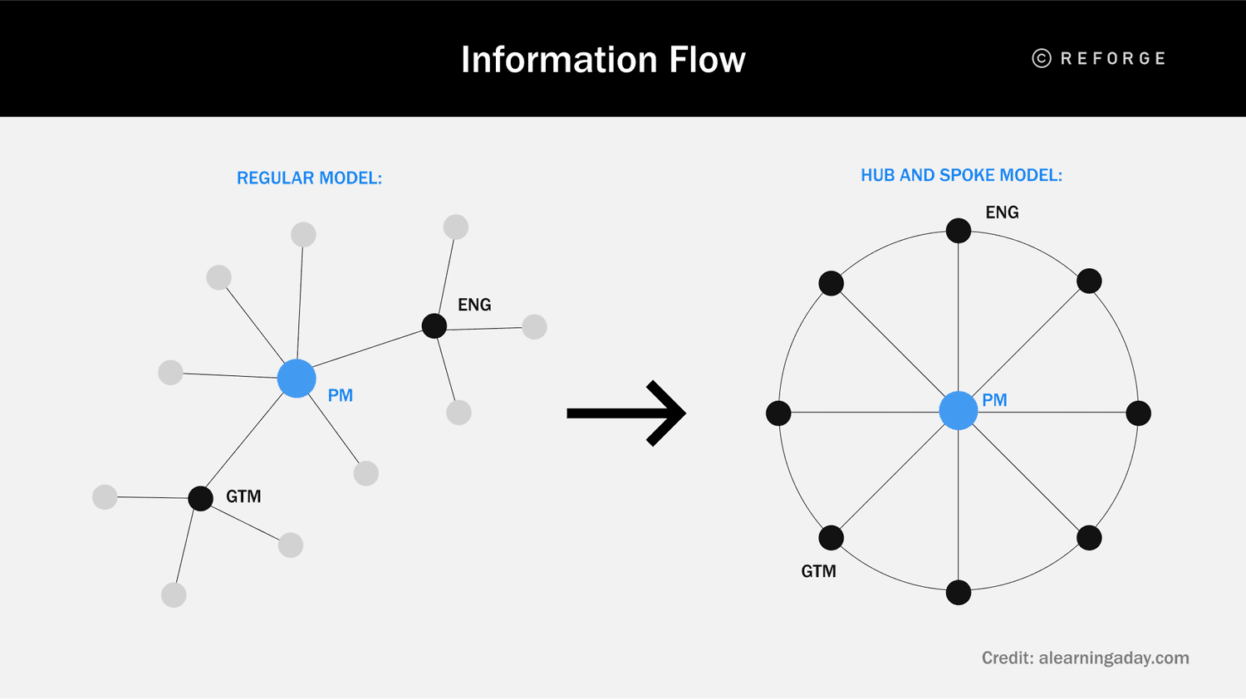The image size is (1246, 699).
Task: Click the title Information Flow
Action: point(603,60)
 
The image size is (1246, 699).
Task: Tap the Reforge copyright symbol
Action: point(1041,58)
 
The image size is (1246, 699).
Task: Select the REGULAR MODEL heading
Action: point(309,178)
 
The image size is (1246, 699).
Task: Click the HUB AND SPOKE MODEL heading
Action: point(961,175)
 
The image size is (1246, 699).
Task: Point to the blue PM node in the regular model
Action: point(297,379)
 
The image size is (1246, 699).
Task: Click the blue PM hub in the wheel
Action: point(958,411)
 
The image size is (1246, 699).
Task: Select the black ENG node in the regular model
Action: point(434,326)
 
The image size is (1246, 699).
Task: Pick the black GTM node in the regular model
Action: point(200,498)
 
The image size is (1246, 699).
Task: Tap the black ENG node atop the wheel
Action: point(958,231)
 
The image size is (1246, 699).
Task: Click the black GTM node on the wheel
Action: point(831,538)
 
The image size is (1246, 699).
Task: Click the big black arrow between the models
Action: point(627,413)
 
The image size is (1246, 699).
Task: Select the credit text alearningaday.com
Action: point(1085,658)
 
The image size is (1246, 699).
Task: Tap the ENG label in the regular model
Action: point(474,305)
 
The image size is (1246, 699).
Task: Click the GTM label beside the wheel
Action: point(818,571)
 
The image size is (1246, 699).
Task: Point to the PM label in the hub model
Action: point(994,400)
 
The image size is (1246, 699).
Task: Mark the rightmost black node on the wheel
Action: point(1138,413)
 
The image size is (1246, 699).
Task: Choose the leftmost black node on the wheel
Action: point(778,413)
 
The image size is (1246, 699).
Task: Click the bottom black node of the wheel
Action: point(958,593)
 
